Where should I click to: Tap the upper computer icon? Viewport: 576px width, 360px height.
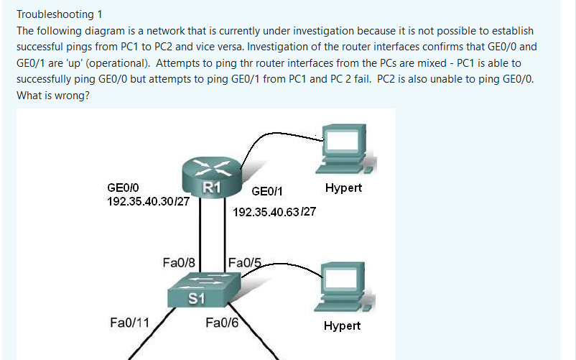tap(340, 148)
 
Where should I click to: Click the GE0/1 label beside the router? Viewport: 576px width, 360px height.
tap(267, 191)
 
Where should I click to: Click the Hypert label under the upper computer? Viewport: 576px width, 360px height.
tap(343, 188)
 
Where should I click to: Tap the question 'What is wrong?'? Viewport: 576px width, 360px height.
tap(52, 96)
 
